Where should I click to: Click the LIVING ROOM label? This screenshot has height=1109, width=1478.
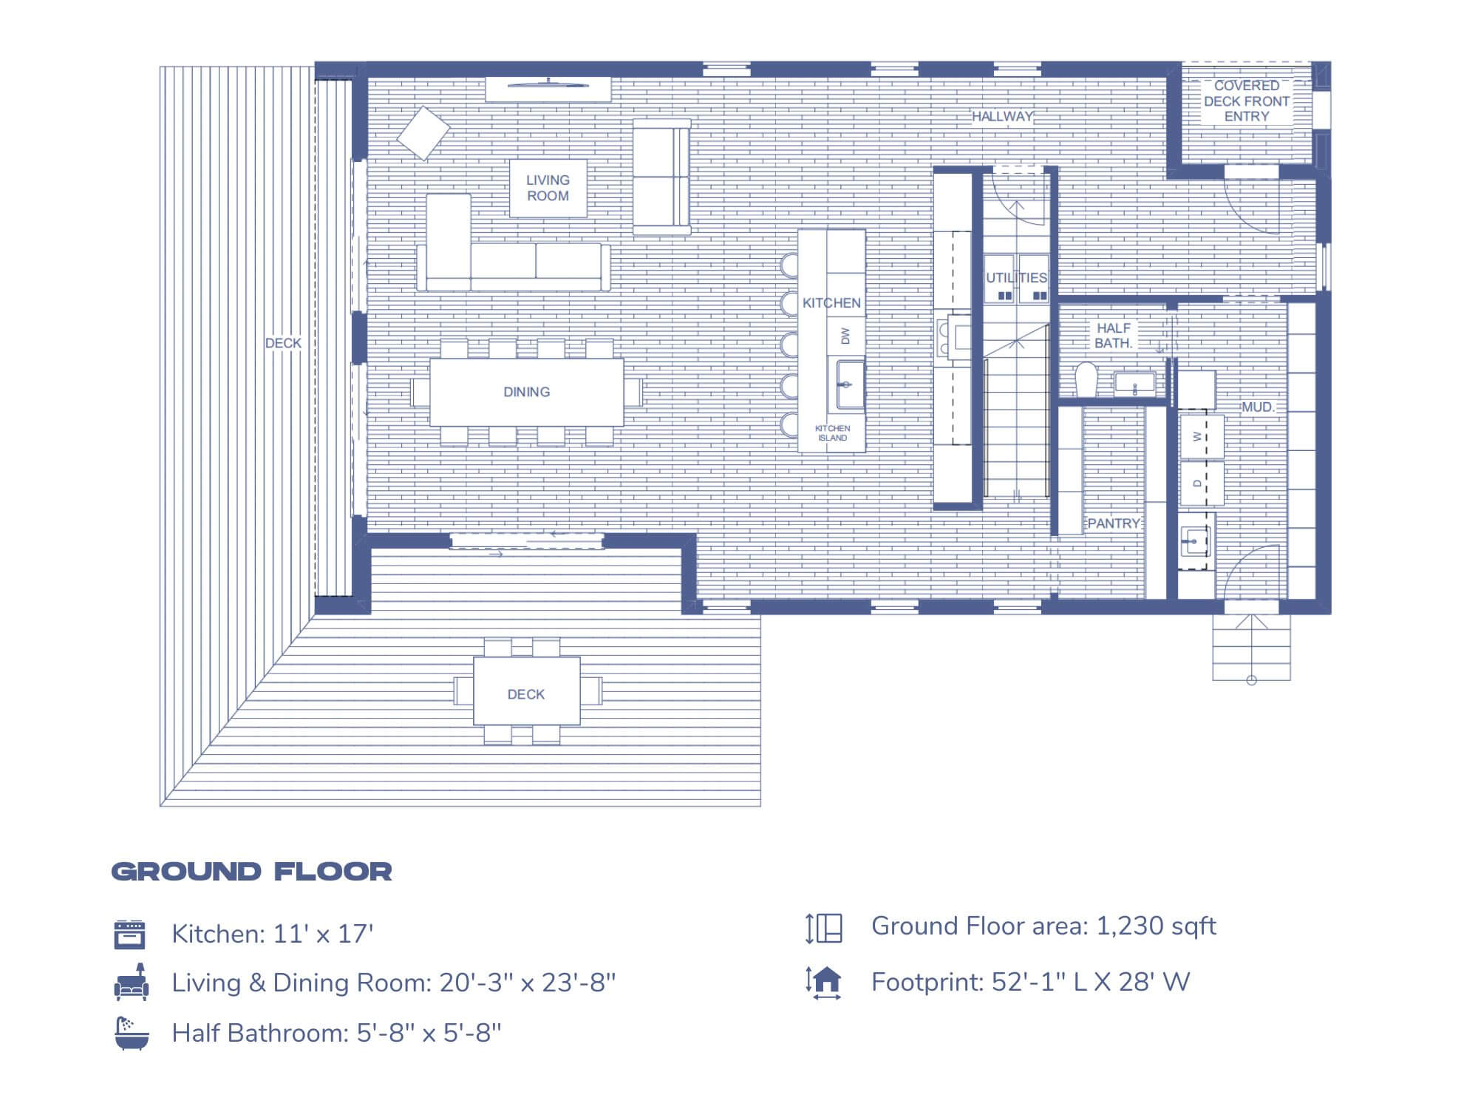[548, 188]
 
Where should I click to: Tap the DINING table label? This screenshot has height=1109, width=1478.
[526, 392]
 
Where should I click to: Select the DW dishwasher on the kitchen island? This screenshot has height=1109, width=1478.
[846, 336]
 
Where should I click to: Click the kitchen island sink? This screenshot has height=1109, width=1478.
[851, 384]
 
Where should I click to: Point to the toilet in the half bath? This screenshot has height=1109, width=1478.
[1086, 379]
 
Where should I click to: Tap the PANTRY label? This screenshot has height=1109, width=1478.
[1114, 523]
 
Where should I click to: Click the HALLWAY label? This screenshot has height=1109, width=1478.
[1002, 116]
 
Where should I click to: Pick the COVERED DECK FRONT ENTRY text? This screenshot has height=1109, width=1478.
[1246, 101]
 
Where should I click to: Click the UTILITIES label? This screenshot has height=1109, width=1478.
[1016, 278]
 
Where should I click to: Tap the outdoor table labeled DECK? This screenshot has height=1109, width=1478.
[526, 693]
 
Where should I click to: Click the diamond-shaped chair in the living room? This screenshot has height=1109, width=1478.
[423, 133]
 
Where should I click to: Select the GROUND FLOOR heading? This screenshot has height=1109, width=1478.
[251, 871]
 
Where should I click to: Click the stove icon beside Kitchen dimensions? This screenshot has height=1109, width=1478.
[130, 934]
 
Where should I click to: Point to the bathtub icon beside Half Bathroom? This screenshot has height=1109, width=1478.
[132, 1033]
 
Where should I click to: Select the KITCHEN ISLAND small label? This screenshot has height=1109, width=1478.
[832, 433]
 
